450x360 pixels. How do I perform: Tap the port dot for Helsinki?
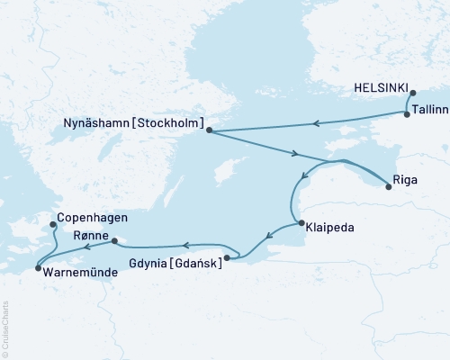[412, 93]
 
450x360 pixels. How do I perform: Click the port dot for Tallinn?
[407, 115]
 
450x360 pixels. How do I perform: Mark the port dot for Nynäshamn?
[209, 131]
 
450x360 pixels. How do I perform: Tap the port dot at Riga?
[388, 187]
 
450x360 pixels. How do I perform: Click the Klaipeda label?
[329, 228]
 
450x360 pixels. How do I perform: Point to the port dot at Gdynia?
[227, 258]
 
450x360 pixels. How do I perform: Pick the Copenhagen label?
[91, 218]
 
